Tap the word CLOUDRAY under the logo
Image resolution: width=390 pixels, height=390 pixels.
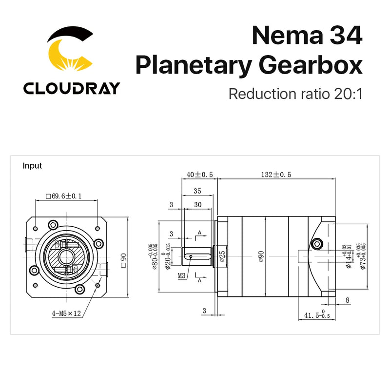click(71, 88)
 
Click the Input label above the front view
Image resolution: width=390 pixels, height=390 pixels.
click(33, 166)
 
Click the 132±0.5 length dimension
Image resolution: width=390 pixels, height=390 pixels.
click(275, 175)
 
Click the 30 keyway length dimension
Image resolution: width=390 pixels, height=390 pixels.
click(198, 205)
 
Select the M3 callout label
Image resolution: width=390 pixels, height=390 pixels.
click(182, 275)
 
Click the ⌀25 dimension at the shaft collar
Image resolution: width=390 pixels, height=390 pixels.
click(222, 255)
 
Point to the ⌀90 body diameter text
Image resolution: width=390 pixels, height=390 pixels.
click(261, 255)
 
